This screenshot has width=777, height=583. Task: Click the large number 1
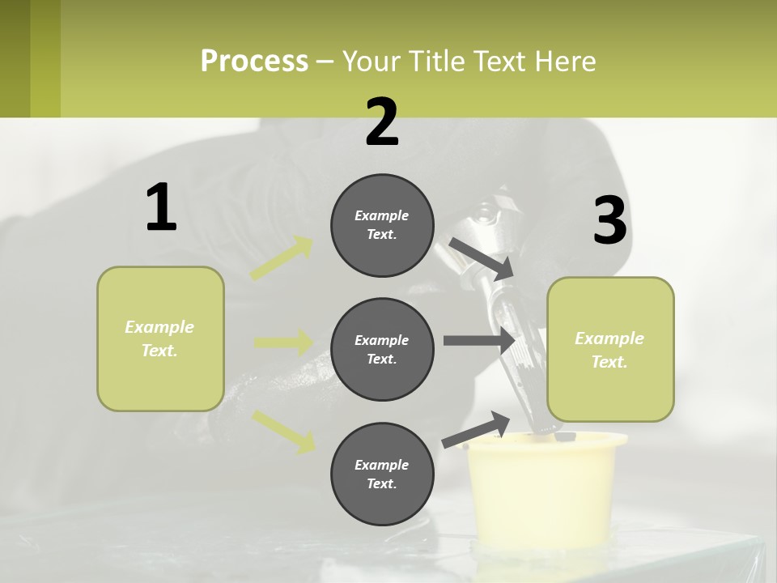[161, 207]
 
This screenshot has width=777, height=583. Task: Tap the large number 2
[382, 122]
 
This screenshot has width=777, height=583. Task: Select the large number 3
[609, 221]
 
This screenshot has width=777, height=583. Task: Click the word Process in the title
[254, 61]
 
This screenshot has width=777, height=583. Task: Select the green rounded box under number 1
[160, 338]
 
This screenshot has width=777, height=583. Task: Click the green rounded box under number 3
[610, 349]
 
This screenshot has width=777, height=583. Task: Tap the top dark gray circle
[382, 225]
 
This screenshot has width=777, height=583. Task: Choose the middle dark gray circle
[382, 349]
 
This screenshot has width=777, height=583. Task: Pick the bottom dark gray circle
[382, 474]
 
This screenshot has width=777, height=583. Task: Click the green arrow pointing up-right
[282, 258]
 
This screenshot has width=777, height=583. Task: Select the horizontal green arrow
[283, 343]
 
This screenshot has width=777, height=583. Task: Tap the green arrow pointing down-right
[283, 431]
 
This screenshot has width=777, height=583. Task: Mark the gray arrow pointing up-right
[477, 429]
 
